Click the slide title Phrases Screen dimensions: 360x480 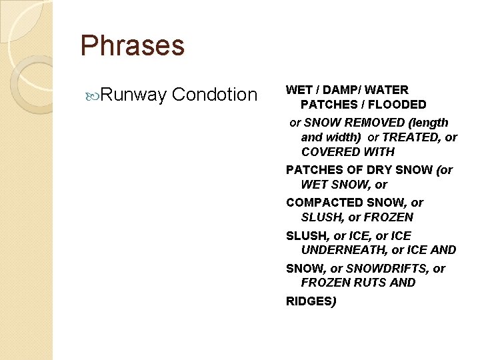132,46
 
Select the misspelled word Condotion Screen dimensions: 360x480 214,95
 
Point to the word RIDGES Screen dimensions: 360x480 309,301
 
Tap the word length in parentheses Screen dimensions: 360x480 430,123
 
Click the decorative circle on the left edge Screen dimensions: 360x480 27,83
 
